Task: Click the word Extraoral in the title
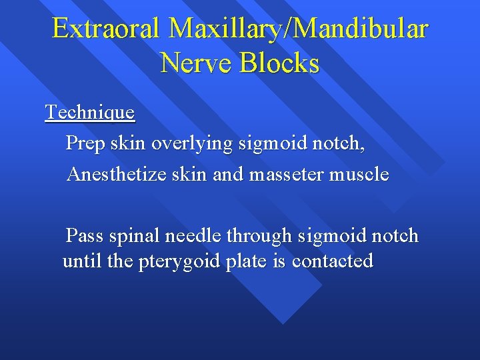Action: (x=107, y=29)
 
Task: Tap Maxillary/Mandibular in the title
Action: (x=299, y=29)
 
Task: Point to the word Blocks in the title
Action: (x=280, y=63)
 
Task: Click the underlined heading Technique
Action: (x=90, y=112)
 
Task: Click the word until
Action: (x=82, y=261)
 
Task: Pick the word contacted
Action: (x=333, y=261)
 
